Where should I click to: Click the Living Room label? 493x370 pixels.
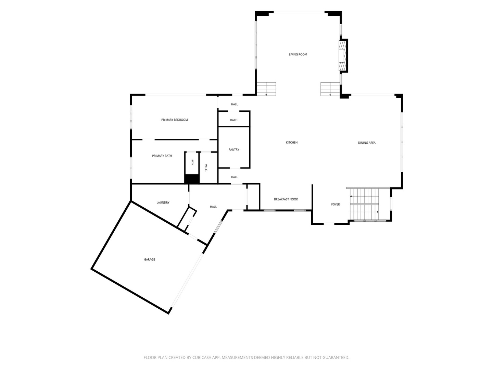(x=298, y=54)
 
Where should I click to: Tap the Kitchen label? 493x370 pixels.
(x=292, y=143)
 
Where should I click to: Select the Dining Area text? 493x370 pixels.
(x=367, y=143)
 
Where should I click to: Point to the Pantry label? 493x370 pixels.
(x=233, y=150)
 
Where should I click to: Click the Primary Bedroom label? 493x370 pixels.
(x=174, y=120)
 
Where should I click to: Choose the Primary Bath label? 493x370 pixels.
(x=162, y=156)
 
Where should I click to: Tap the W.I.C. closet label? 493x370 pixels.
(x=206, y=168)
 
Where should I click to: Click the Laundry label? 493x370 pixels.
(x=163, y=202)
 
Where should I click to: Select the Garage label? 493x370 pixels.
(x=149, y=259)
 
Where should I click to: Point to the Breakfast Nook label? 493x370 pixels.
(x=286, y=199)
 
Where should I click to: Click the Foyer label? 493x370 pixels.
(x=335, y=204)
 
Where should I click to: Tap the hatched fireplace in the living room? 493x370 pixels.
(x=343, y=55)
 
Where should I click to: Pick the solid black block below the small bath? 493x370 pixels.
(x=192, y=179)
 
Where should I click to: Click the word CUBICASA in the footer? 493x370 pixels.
(x=202, y=357)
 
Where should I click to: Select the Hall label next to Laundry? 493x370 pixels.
(x=213, y=207)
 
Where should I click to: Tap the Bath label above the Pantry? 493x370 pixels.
(x=233, y=120)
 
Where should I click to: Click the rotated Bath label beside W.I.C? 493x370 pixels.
(x=192, y=162)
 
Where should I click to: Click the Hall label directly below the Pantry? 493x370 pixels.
(x=234, y=177)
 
